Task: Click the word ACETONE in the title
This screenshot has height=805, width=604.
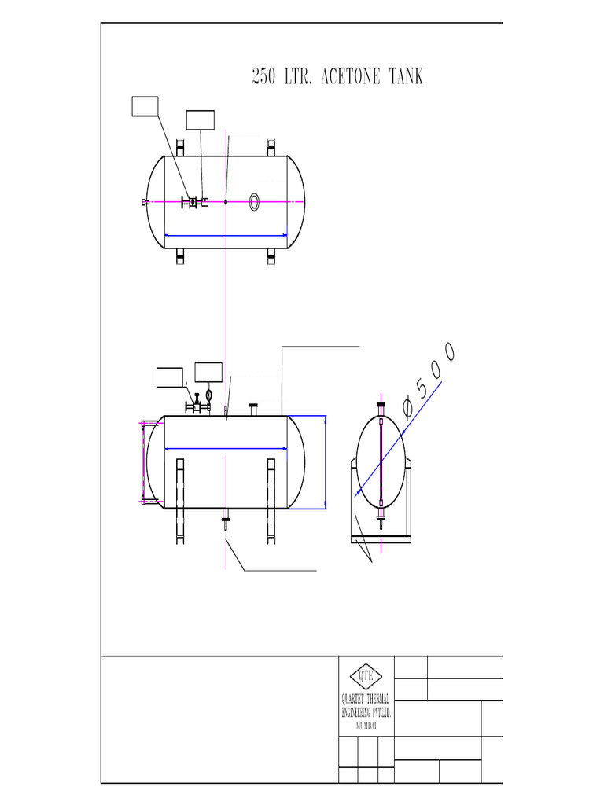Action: click(351, 76)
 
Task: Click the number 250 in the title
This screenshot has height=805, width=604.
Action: click(263, 76)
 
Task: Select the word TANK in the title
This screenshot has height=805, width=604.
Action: click(406, 76)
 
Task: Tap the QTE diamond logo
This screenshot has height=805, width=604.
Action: click(366, 675)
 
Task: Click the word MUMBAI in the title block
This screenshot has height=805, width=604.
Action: click(366, 726)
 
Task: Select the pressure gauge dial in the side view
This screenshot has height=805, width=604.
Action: click(209, 395)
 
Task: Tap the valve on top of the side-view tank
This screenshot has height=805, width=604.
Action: click(194, 406)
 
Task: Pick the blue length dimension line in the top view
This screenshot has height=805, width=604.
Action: click(226, 234)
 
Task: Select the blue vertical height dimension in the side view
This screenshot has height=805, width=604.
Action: click(326, 461)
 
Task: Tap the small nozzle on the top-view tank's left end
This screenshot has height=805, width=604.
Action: click(144, 202)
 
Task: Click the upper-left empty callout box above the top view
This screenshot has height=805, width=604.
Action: click(145, 106)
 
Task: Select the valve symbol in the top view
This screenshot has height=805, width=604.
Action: click(191, 203)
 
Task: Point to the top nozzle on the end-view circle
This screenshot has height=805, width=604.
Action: click(381, 406)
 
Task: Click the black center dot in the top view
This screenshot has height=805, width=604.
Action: click(226, 202)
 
